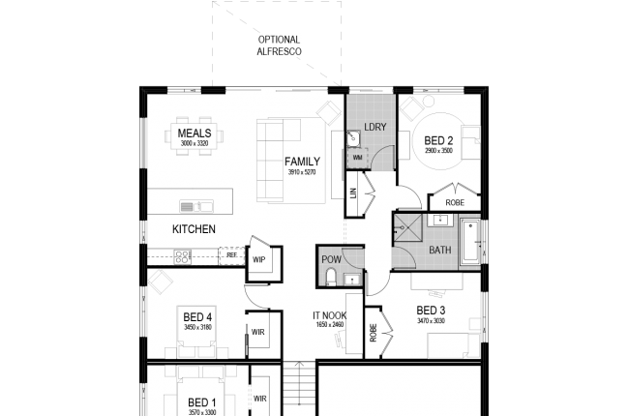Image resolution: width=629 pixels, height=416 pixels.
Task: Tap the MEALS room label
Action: [x=195, y=134]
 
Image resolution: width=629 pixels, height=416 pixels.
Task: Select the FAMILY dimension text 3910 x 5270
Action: [x=302, y=173]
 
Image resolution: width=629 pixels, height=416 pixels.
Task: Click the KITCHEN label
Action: [x=194, y=229]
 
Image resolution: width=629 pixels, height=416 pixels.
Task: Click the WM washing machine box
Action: [x=357, y=156]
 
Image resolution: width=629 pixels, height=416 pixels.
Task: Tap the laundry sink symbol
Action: [x=355, y=136]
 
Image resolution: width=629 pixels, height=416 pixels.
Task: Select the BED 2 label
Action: [x=438, y=140]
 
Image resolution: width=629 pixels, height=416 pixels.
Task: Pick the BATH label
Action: [x=439, y=251]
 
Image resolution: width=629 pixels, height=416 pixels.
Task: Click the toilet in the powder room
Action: [x=331, y=279]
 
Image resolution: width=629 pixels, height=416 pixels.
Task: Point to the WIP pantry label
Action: [x=258, y=259]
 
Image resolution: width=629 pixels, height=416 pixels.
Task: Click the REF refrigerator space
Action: [x=231, y=255]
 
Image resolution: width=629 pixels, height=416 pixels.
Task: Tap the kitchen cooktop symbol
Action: [x=181, y=255]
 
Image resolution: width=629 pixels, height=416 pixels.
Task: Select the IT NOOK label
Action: [x=329, y=315]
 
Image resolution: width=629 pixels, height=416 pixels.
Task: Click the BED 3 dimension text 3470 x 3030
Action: [x=431, y=320]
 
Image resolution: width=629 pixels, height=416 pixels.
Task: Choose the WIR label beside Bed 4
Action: [x=258, y=332]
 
